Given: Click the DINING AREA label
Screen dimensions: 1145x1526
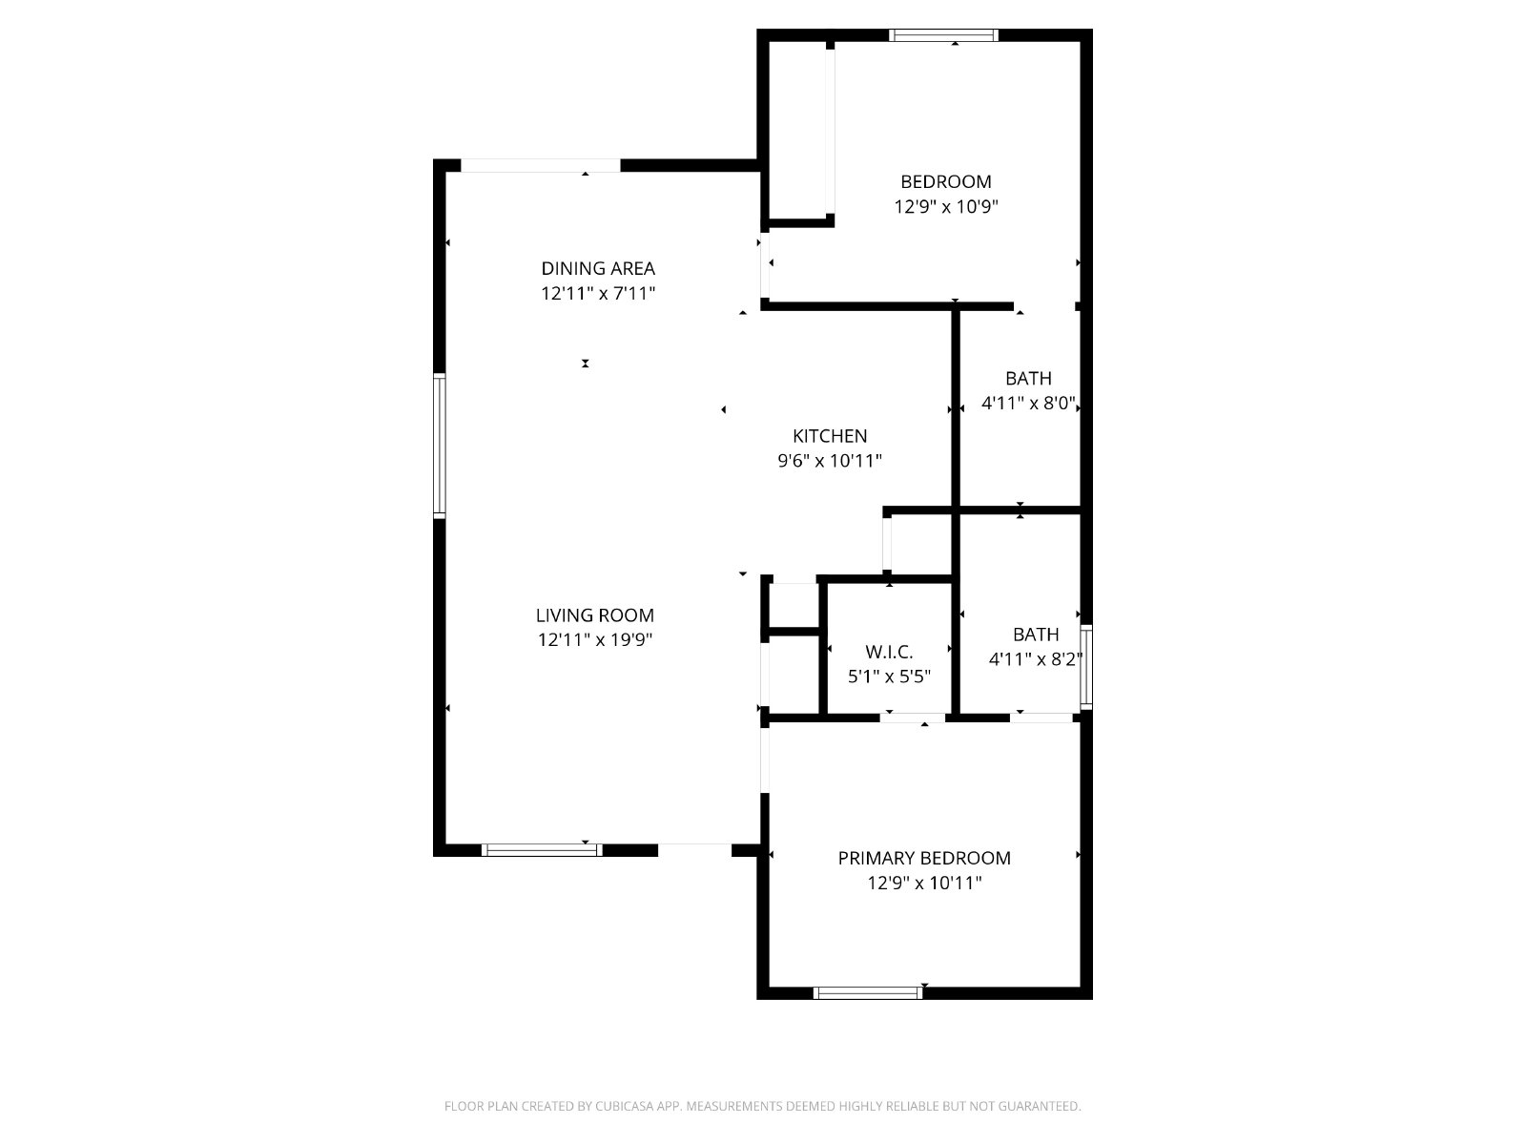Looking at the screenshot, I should pos(598,268).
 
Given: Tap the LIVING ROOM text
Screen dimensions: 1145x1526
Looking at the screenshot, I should pos(594,615).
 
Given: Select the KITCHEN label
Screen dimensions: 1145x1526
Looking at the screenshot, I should pos(830,436).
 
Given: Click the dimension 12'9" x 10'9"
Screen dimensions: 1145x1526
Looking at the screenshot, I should pos(945,206).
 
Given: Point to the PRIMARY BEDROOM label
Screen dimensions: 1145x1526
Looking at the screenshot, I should pos(924,858).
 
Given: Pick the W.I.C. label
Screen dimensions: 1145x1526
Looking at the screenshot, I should pos(889,652).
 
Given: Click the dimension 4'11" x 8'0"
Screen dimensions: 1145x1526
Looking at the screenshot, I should pos(1029,404).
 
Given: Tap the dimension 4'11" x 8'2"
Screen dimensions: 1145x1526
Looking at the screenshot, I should pos(1035,658).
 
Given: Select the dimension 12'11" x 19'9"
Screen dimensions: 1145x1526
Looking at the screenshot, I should pos(594,640).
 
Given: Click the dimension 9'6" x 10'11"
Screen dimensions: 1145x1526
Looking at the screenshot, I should pos(830,461).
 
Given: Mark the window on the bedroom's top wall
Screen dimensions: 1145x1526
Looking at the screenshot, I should pos(943,35).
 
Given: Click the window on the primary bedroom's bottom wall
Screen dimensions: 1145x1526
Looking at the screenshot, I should pos(868,992).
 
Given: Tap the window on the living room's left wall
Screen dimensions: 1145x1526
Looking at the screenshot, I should pos(440,446).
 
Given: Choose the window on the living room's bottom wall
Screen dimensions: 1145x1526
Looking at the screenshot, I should pos(542,849).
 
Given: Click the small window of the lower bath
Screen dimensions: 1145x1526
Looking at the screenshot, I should pos(1086,666).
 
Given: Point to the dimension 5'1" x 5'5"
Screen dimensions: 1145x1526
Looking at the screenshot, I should pos(889,677).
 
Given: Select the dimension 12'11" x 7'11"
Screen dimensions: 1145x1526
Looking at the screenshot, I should pos(598,293).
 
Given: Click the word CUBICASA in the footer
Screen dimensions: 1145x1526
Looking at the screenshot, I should pos(624,1107).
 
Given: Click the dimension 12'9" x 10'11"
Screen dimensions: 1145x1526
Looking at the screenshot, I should pos(924,883).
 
